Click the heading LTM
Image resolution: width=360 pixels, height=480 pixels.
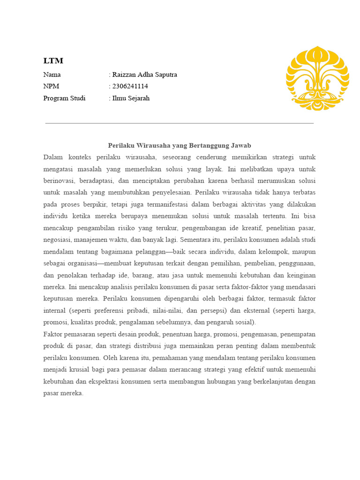click(53, 61)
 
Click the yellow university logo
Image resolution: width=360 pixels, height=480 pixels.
click(317, 78)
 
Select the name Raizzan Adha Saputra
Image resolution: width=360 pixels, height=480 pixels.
click(144, 75)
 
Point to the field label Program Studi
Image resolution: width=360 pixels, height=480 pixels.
click(64, 98)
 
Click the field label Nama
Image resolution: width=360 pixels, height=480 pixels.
click(52, 75)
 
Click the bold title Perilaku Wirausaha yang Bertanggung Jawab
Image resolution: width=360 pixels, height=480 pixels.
click(180, 146)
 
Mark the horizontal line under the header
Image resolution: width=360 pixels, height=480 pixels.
click(180, 123)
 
